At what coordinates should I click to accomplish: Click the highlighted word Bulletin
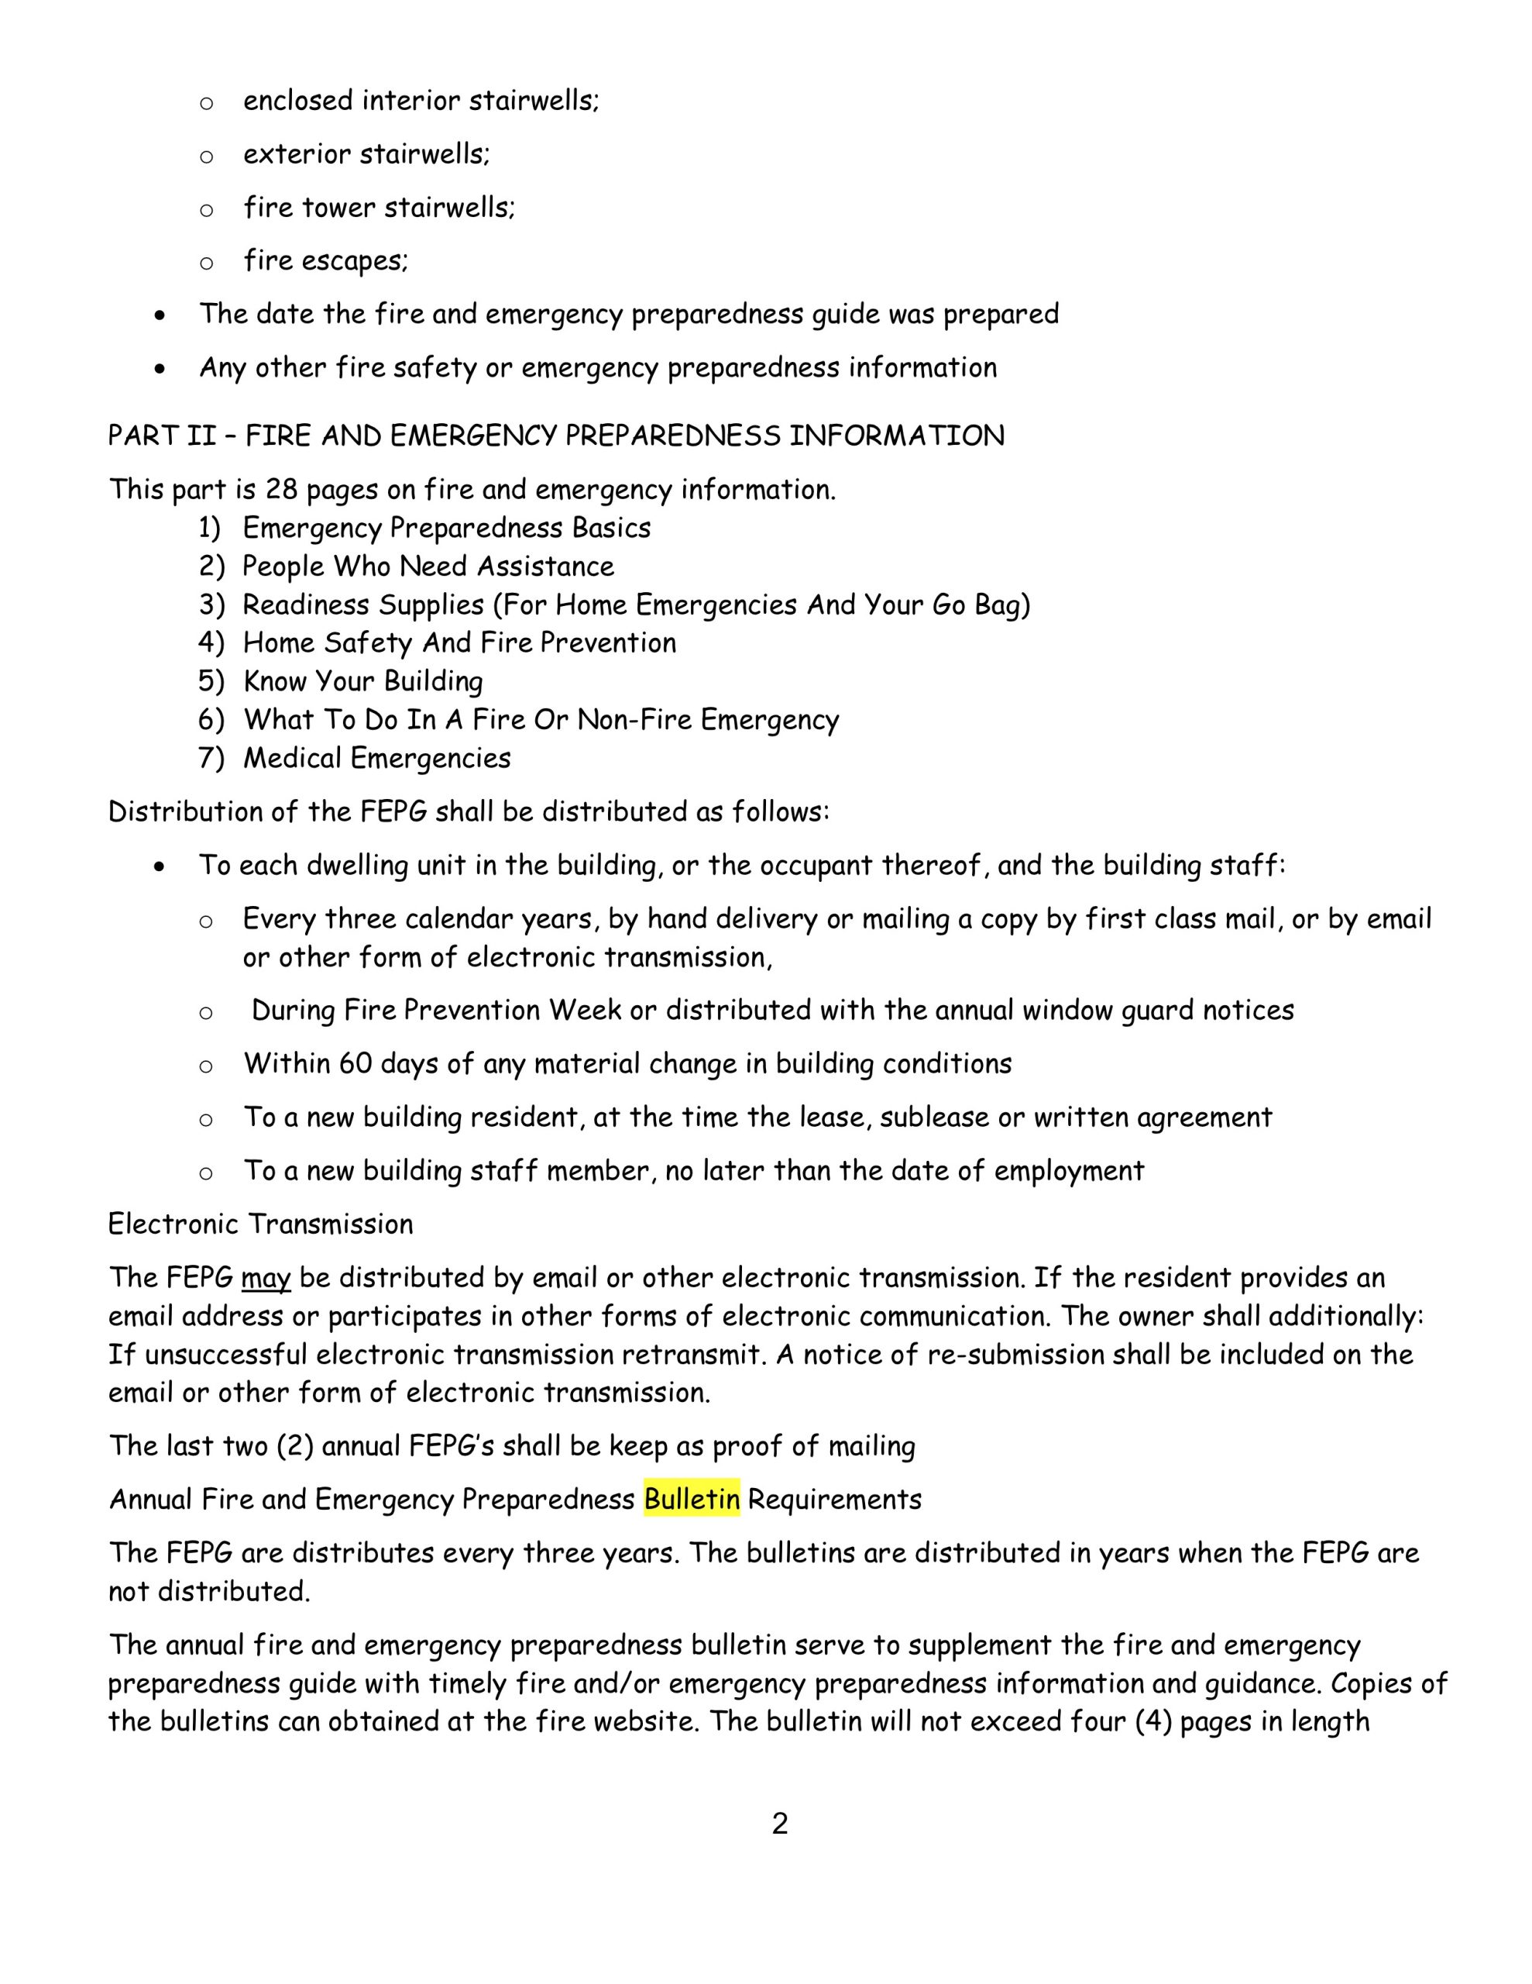(691, 1499)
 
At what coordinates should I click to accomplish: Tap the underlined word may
(265, 1278)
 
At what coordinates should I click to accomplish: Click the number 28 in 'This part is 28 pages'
(281, 490)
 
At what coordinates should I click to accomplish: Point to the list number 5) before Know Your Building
(211, 681)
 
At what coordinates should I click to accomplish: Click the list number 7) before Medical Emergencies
(211, 758)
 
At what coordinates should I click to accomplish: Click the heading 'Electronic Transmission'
(261, 1224)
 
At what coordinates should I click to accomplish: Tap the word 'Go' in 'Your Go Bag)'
(950, 605)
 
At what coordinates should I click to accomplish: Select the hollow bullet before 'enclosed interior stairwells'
(206, 102)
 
